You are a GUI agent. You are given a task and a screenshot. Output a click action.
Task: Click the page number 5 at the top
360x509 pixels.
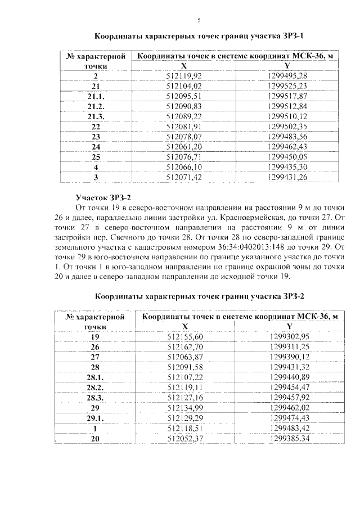(199, 21)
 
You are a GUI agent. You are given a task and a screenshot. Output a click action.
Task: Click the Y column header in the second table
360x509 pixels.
(290, 326)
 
